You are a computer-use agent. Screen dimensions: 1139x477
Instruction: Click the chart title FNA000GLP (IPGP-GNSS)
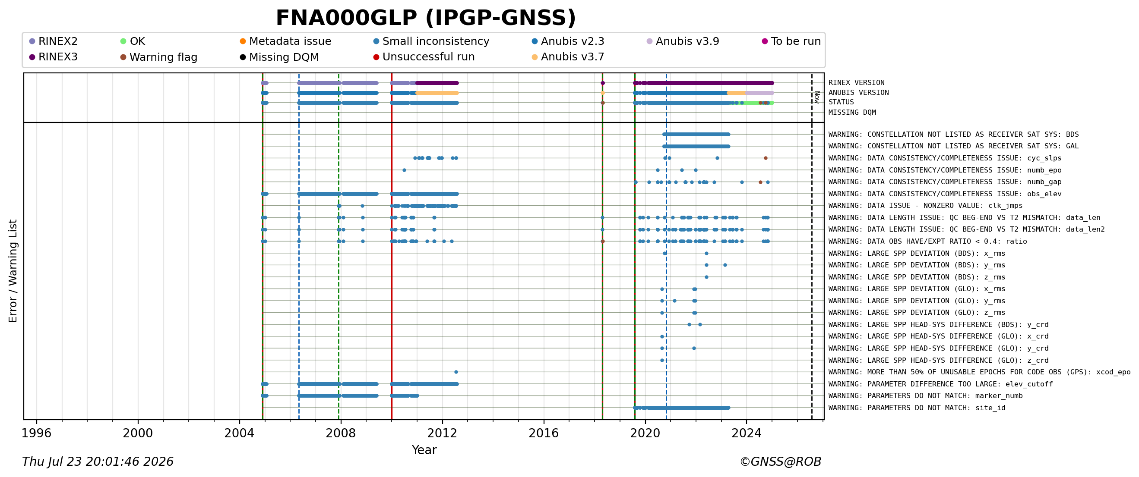(x=426, y=19)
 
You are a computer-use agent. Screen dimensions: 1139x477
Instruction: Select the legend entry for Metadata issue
(x=286, y=41)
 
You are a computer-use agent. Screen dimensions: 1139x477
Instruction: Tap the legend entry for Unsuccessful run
(x=424, y=57)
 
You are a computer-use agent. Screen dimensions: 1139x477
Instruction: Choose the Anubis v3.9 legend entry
(x=683, y=41)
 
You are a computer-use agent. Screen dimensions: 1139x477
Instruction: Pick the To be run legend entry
(x=791, y=41)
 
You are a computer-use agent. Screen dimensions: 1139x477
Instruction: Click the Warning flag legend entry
(x=159, y=57)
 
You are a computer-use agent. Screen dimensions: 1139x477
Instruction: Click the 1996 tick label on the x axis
(x=37, y=433)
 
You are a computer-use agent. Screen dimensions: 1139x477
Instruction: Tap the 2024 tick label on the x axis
(x=747, y=433)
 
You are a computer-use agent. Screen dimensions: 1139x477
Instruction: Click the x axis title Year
(x=424, y=450)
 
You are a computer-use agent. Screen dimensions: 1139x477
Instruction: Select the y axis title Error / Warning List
(x=13, y=271)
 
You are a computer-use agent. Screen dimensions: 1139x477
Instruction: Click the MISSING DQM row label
(x=852, y=113)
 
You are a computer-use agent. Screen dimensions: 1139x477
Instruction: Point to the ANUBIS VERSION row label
(x=858, y=93)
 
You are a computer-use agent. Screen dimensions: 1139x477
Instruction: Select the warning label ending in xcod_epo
(x=979, y=372)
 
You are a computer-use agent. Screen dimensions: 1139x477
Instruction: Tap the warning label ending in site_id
(x=917, y=408)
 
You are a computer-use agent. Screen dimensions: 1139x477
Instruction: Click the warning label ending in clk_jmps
(x=925, y=206)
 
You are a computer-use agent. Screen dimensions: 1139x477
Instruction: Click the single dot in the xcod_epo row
(x=456, y=372)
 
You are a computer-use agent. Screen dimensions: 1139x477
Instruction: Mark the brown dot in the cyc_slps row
(x=766, y=158)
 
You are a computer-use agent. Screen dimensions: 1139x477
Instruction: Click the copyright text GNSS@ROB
(x=780, y=462)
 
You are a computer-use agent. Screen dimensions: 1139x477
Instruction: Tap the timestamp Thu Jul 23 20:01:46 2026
(x=98, y=462)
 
